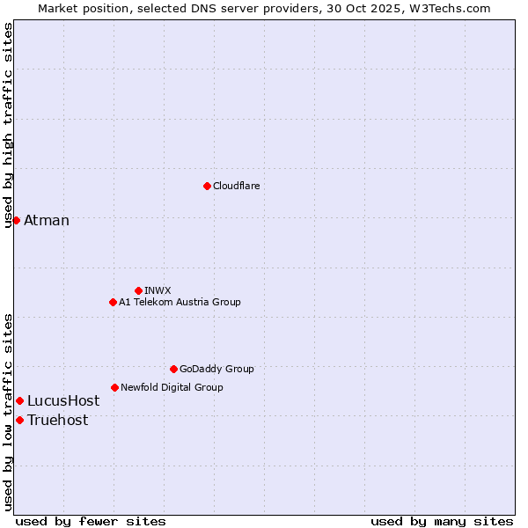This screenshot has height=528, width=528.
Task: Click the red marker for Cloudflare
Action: coord(207,186)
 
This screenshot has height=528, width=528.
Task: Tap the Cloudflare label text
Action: coord(236,186)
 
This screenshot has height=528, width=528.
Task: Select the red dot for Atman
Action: coord(16,220)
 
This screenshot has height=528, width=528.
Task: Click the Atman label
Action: coord(47,220)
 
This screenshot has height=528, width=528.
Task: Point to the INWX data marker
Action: coord(138,290)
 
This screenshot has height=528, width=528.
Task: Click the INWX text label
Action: coord(158,290)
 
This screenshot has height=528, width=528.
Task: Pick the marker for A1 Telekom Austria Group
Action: coord(113,302)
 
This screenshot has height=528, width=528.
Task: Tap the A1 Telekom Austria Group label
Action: coord(180,302)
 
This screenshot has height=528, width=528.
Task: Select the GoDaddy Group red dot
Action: coord(173,369)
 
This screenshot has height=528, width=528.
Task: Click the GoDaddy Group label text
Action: coord(216,369)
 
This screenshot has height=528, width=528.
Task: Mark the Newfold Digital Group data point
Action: coord(114,387)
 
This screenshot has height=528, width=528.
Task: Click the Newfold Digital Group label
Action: coord(172,387)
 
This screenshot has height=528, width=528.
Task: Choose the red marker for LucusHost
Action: coord(19,401)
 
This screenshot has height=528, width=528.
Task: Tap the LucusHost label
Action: coord(63,401)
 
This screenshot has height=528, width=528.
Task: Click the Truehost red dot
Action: coord(19,420)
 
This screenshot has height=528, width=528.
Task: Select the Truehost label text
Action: coord(58,420)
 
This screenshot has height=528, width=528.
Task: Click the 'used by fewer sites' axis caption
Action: coord(91,521)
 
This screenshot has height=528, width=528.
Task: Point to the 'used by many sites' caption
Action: coord(442,521)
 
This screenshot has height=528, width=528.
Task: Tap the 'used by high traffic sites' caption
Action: coord(8,125)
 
